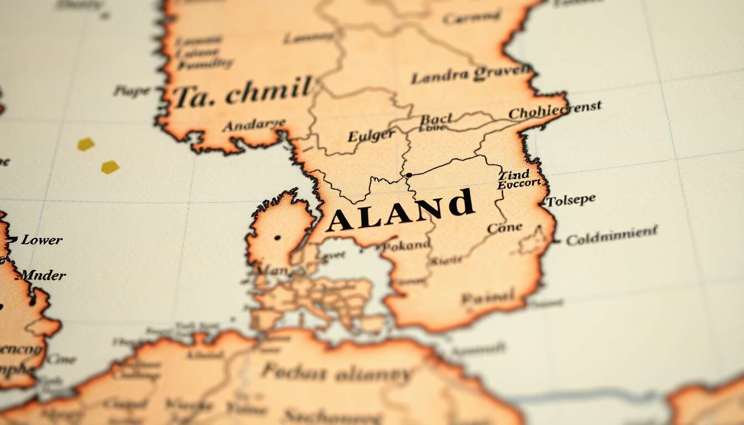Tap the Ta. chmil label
(x=242, y=93)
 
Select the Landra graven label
(x=471, y=74)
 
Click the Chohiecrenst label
(x=555, y=110)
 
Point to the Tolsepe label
(x=571, y=200)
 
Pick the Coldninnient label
(x=612, y=235)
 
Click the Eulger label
(x=371, y=135)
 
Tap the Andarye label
(x=254, y=125)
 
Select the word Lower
(x=42, y=240)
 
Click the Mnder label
(x=43, y=275)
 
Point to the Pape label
(x=132, y=90)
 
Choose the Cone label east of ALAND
(x=504, y=227)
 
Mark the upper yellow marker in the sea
(x=86, y=144)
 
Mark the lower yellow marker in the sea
(x=110, y=167)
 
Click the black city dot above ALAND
(x=409, y=175)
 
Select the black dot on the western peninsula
(x=277, y=237)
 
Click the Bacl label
(x=436, y=119)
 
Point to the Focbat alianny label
(x=337, y=373)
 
